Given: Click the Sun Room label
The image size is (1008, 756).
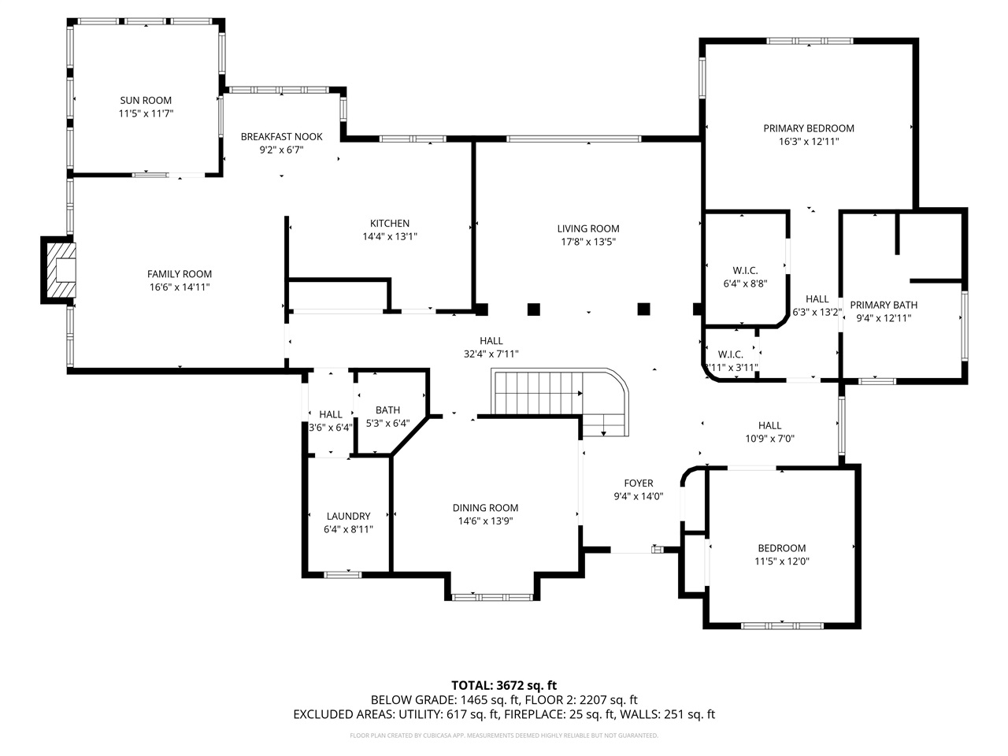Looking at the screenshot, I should pyautogui.click(x=146, y=100).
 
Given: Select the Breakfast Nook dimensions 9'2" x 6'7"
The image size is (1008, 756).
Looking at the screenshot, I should pyautogui.click(x=272, y=150).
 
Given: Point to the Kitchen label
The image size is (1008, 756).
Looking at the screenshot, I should pyautogui.click(x=390, y=223).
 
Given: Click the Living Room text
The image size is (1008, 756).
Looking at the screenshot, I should pyautogui.click(x=588, y=228).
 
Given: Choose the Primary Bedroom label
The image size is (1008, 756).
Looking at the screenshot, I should pyautogui.click(x=809, y=128).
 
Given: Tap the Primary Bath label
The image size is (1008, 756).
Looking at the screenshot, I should pyautogui.click(x=883, y=305).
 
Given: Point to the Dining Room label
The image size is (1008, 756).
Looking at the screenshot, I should pyautogui.click(x=485, y=508).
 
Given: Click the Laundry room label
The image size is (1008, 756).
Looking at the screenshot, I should pyautogui.click(x=348, y=516).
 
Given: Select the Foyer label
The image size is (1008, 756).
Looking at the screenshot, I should pyautogui.click(x=639, y=484).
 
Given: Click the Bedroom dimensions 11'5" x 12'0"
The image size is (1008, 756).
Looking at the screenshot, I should pyautogui.click(x=782, y=561).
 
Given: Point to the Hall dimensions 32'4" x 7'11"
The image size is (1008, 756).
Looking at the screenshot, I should pyautogui.click(x=491, y=354).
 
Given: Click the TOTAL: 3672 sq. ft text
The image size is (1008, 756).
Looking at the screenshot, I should pyautogui.click(x=504, y=685).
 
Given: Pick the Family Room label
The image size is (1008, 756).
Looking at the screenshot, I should pyautogui.click(x=180, y=274).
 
